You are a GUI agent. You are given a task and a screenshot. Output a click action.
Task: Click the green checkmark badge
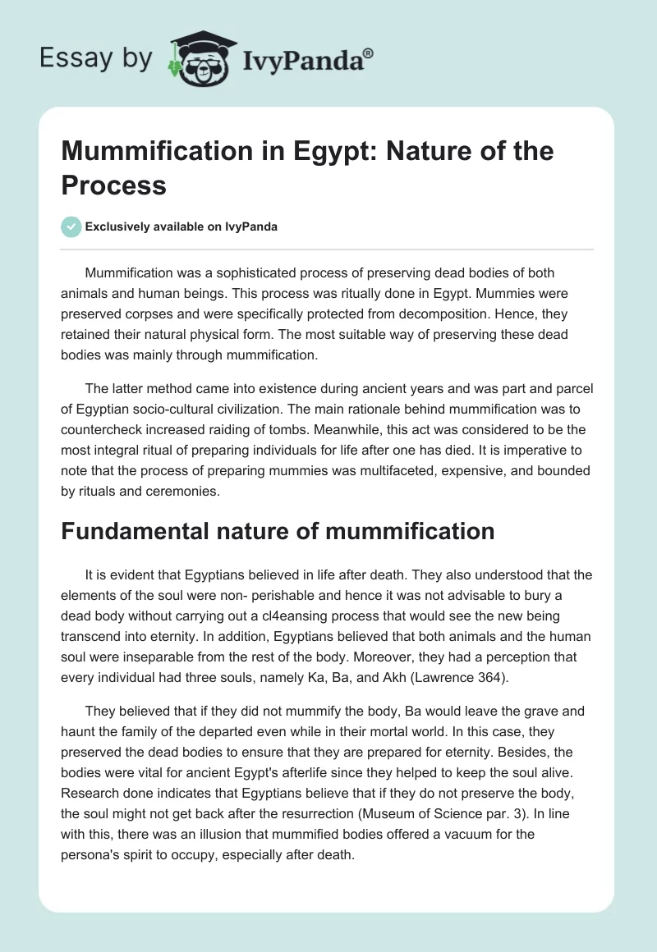(71, 227)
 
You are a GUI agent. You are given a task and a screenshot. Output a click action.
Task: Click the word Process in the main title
(114, 185)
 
